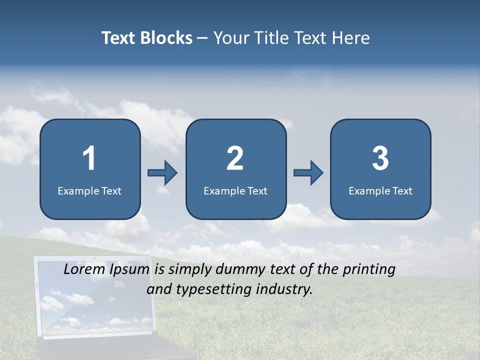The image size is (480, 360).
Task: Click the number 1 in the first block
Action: click(x=89, y=158)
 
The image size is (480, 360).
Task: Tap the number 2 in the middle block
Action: click(x=235, y=158)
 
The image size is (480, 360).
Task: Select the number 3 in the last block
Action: click(x=380, y=158)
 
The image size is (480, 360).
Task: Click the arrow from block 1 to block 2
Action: click(x=162, y=173)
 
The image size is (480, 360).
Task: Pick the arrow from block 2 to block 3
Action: click(x=308, y=173)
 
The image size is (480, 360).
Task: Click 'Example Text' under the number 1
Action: click(x=89, y=190)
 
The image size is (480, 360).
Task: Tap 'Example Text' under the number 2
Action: click(x=235, y=190)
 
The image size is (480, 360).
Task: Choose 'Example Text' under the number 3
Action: click(x=380, y=190)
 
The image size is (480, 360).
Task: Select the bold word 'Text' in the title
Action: click(x=118, y=38)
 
